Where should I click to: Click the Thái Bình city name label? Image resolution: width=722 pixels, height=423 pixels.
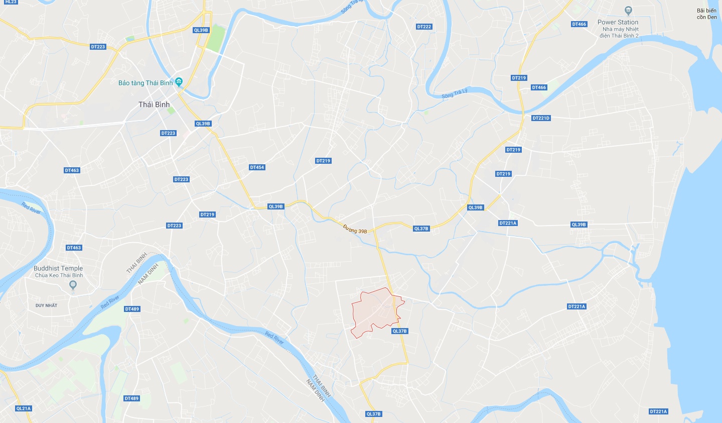coord(154,104)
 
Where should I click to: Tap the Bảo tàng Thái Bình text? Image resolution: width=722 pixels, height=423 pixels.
coord(146,83)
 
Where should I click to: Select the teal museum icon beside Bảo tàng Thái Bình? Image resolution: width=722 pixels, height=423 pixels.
coord(180,82)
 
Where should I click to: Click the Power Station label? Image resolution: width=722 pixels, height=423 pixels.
coord(618,22)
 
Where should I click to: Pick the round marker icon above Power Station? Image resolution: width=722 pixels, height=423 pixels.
coord(628,10)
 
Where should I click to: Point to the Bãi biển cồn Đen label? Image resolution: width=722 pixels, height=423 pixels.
coord(707,14)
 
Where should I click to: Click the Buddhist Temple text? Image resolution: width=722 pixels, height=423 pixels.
coord(58,268)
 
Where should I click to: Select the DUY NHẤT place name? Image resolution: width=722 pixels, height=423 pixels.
coord(46,305)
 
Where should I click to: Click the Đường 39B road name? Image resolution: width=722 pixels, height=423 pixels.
coord(355,229)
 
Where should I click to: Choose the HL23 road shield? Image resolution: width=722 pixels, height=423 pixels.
coord(11,2)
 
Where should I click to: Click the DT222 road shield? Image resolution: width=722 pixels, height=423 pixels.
coord(424,27)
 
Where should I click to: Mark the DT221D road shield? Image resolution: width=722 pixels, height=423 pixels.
coord(541,118)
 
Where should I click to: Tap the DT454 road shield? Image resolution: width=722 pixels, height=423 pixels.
coord(257,167)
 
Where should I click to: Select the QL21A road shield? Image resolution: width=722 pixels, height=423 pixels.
coord(23,408)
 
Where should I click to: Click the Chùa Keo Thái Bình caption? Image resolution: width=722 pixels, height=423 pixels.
coord(59,275)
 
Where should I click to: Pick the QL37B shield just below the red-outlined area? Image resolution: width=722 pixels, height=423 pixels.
coord(399,331)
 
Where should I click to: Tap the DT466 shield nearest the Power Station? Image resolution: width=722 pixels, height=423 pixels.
coord(579,24)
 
